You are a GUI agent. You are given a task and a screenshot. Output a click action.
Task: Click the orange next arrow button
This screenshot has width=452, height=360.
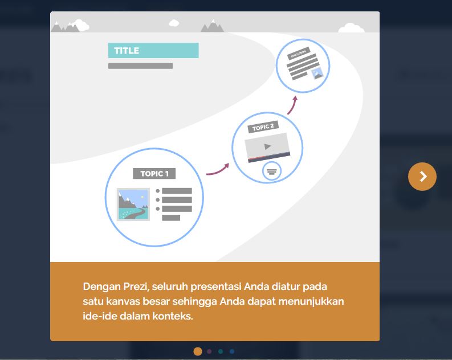pos(422,177)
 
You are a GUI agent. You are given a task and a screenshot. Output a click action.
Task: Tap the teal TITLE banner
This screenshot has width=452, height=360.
pos(153,50)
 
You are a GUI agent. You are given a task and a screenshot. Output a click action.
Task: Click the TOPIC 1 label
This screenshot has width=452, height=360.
pos(154,174)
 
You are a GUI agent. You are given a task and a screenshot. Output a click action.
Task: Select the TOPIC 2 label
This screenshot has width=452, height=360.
pos(263,127)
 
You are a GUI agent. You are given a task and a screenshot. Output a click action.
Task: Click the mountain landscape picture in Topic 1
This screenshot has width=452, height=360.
pos(133,204)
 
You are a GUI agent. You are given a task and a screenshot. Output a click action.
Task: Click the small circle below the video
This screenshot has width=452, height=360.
pos(271,171)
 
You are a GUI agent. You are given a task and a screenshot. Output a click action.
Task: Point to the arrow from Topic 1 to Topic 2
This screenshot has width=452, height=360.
pos(218,169)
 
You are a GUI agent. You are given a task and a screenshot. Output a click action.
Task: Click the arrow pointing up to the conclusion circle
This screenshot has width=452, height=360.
pos(292,105)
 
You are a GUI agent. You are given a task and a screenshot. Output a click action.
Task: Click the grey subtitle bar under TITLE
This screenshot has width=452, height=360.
pos(140,66)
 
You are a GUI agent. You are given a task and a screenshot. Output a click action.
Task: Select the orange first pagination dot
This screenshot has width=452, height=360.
pos(198,351)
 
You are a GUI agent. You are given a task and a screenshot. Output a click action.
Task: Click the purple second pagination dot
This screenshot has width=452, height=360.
pos(209,351)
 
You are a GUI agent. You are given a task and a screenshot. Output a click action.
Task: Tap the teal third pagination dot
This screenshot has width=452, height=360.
pos(221,351)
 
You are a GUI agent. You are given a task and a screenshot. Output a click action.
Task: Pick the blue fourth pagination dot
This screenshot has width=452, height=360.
pos(232,351)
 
